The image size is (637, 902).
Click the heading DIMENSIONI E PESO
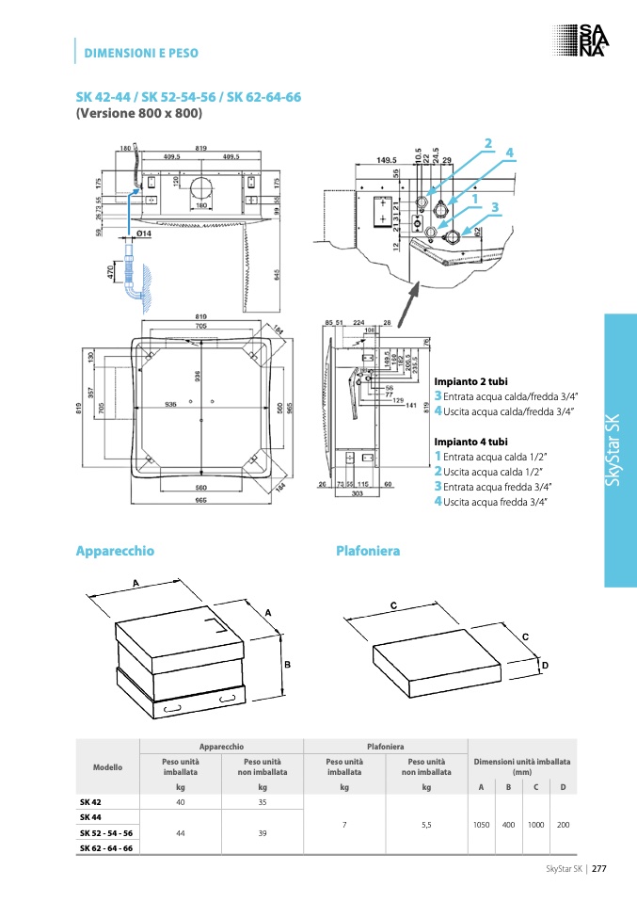coord(141,53)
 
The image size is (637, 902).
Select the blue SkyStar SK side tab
coord(620,450)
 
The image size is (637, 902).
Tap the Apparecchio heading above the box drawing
coord(114,550)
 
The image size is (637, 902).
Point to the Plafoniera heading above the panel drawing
coord(368,550)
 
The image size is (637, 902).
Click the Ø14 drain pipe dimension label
coord(144,233)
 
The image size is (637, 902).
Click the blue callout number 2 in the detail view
coord(488,143)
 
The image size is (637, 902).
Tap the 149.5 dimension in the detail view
coord(388,160)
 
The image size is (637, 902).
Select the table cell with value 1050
coord(481,824)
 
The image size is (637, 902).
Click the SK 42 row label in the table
coord(90,801)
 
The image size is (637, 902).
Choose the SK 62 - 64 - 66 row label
coord(106,847)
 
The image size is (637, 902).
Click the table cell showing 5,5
coord(426,824)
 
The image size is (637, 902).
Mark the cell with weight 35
coord(263,801)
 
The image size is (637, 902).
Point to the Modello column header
coord(107,767)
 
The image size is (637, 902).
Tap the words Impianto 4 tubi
coord(470,441)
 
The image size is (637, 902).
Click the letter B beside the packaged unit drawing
coord(287,665)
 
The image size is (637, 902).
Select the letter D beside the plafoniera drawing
coord(543,667)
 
